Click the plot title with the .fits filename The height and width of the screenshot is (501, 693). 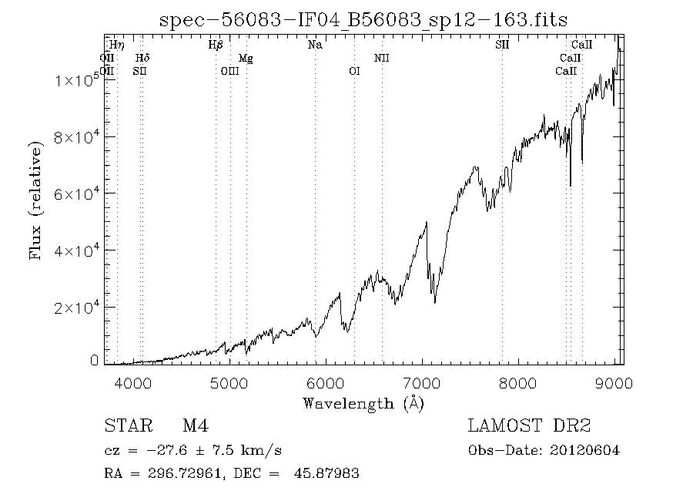tap(363, 20)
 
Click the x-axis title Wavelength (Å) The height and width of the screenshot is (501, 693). tap(363, 402)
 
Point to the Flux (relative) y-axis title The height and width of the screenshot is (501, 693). tap(36, 199)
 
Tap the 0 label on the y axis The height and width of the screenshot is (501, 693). tap(94, 361)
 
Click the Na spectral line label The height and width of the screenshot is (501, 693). tap(315, 45)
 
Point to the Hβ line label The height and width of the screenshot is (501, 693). tap(216, 45)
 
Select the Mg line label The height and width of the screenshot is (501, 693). tap(246, 59)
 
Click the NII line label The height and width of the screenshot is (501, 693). tap(382, 59)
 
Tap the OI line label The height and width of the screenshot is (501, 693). tap(354, 72)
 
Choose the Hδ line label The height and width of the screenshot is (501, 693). tap(142, 59)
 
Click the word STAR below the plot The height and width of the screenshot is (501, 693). tap(126, 426)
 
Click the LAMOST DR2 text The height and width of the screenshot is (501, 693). tap(529, 426)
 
